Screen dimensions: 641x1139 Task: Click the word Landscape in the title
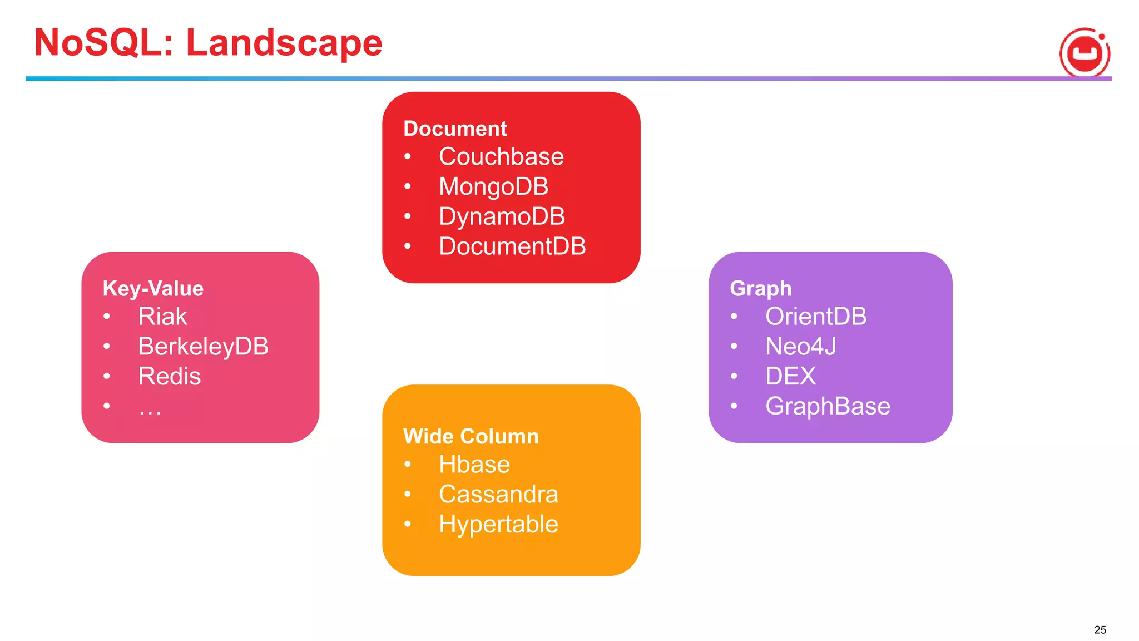point(284,43)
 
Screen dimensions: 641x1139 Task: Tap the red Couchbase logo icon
point(1084,53)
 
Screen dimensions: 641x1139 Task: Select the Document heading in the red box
point(455,129)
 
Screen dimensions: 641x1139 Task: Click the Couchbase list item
point(501,157)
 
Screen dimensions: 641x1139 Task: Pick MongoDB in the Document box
point(493,187)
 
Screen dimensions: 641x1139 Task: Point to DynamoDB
point(502,216)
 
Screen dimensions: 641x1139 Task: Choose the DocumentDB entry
point(512,246)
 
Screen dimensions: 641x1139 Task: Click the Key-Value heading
point(153,288)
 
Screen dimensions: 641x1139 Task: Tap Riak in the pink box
point(162,317)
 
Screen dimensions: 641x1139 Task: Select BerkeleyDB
point(203,347)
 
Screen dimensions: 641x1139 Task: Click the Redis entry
point(169,377)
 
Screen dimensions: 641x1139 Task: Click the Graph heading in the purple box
point(760,288)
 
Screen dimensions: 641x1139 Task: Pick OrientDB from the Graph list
point(816,317)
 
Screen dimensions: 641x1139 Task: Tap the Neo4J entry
point(800,347)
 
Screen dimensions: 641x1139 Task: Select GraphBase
point(828,406)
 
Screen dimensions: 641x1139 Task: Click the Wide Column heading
point(471,436)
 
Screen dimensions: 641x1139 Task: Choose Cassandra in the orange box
point(498,495)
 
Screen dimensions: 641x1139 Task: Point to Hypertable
point(498,525)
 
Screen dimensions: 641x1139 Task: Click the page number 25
point(1100,630)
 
